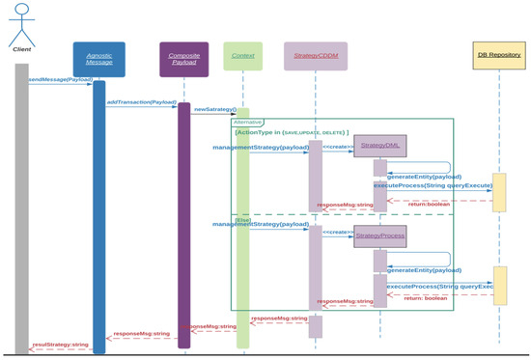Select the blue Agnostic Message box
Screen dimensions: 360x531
[x=98, y=59]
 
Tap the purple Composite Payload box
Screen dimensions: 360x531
[x=183, y=59]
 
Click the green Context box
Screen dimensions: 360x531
[x=242, y=55]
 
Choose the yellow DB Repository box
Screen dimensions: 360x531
[x=499, y=55]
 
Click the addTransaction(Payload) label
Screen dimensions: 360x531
[x=141, y=101]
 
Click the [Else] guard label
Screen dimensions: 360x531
[x=243, y=220]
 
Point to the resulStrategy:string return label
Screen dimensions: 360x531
[x=60, y=344]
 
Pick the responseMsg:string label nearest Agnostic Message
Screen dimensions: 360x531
[x=141, y=334]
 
